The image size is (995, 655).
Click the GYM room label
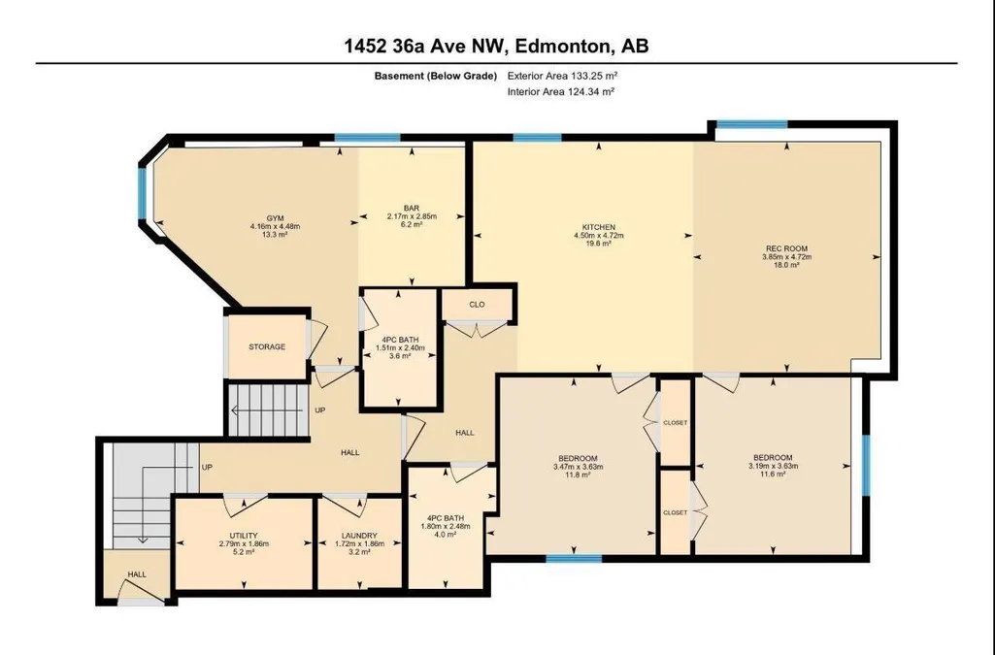coord(275,218)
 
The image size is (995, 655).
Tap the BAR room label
coord(412,208)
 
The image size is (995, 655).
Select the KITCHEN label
coord(599,227)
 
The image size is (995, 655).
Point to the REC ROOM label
coord(787,248)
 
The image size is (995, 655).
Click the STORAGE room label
coord(267,346)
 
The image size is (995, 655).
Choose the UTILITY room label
coord(244,536)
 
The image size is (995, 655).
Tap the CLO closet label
coord(478,305)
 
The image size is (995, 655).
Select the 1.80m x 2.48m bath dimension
coord(446,526)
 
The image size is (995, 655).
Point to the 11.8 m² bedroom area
coord(578,475)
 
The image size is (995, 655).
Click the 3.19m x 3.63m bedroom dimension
coord(773,466)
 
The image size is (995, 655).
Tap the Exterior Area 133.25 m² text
coord(562,76)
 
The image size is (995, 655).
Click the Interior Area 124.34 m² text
coord(561,91)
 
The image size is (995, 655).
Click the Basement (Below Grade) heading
coord(435,76)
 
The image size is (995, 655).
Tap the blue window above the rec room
coord(751,124)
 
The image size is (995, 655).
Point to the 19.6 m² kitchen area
coord(599,243)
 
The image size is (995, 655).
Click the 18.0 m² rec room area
coord(787,265)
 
